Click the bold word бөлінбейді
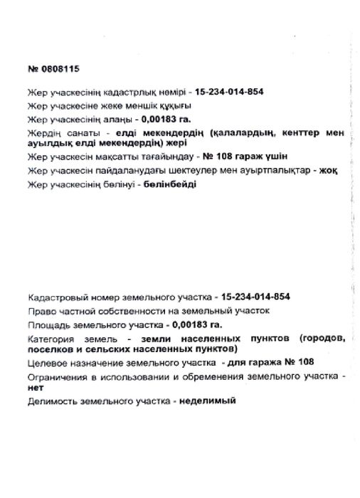point(170,185)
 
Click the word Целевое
point(46,362)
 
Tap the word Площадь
point(48,323)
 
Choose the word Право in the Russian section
point(38,310)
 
